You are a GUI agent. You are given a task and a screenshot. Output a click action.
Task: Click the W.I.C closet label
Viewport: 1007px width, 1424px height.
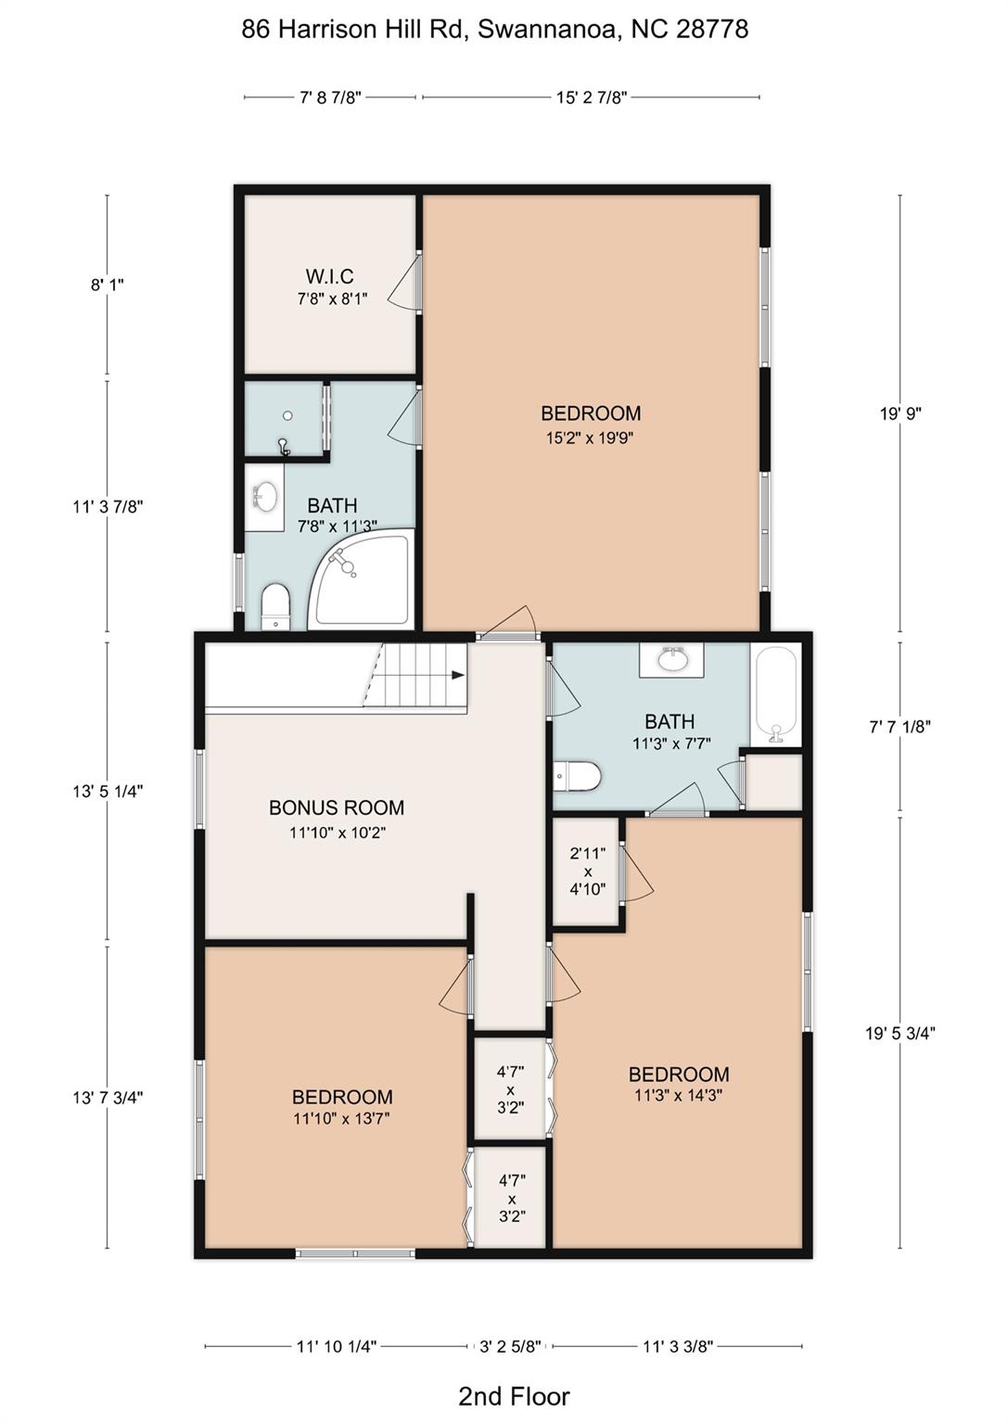tap(329, 276)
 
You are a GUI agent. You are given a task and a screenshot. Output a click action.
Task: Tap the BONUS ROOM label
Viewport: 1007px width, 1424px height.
tap(337, 807)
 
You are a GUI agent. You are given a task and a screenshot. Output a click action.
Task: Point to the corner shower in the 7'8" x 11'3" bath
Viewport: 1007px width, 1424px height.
tap(360, 580)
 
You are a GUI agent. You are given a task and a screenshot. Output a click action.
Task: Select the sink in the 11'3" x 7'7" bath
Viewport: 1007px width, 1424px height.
tap(672, 659)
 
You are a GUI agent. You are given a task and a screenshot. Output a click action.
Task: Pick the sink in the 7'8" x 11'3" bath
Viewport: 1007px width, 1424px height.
tap(265, 497)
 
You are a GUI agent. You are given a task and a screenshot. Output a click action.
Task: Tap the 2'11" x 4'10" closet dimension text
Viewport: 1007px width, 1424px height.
tap(588, 871)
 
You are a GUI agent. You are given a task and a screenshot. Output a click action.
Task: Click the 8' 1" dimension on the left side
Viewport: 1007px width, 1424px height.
tap(107, 285)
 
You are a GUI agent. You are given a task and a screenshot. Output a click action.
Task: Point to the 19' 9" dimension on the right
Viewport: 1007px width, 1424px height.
tap(900, 413)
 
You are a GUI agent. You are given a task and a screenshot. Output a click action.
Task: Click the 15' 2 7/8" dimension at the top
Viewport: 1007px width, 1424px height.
tap(592, 97)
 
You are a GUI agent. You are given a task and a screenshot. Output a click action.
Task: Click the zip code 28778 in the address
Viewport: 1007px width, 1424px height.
tap(712, 30)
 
